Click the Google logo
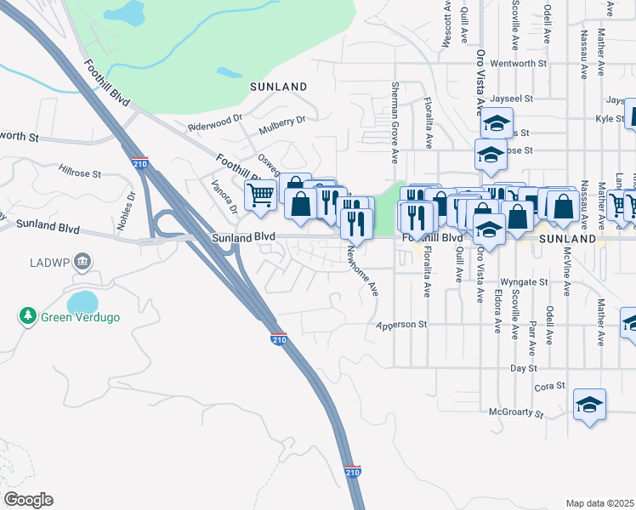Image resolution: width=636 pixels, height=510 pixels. pyautogui.click(x=28, y=500)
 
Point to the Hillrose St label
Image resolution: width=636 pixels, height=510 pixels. pyautogui.click(x=80, y=173)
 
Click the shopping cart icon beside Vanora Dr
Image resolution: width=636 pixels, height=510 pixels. pyautogui.click(x=260, y=194)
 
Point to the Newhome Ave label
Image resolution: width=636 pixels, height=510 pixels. pyautogui.click(x=362, y=270)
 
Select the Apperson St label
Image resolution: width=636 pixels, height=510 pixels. pyautogui.click(x=401, y=325)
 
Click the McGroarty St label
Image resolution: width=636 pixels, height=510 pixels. pyautogui.click(x=516, y=412)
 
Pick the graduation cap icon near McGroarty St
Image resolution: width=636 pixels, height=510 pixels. pyautogui.click(x=589, y=405)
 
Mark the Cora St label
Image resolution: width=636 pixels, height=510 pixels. pyautogui.click(x=550, y=387)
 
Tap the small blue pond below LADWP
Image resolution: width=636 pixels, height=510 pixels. pyautogui.click(x=82, y=303)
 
